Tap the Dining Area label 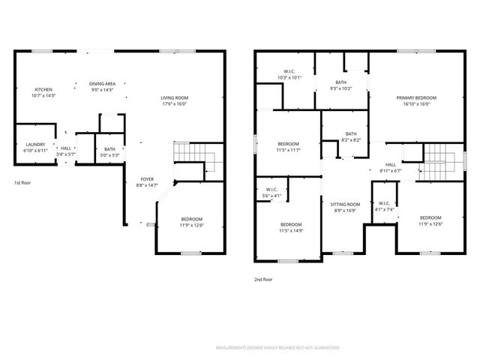click(102, 87)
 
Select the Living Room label click(174, 101)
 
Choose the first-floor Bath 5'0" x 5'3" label click(110, 152)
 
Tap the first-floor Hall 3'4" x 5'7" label click(66, 151)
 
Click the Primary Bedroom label click(416, 101)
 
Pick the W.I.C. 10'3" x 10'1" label click(289, 75)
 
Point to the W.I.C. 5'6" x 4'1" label click(272, 193)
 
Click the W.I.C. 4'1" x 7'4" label click(384, 206)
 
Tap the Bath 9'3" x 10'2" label click(341, 85)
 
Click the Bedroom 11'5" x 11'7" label click(289, 147)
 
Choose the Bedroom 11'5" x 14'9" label click(291, 228)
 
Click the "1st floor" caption click(22, 183)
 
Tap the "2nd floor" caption click(263, 279)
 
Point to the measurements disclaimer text click(277, 348)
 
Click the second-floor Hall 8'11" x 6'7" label click(391, 168)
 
